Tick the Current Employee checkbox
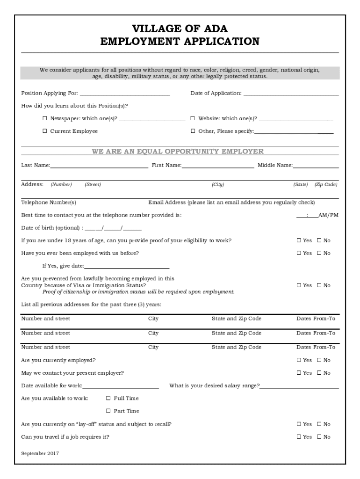(45, 131)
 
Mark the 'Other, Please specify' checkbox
(193, 131)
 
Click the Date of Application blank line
(290, 95)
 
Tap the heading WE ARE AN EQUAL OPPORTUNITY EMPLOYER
(178, 152)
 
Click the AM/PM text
(328, 215)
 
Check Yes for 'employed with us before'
(299, 254)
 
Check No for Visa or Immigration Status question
(319, 285)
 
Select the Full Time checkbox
(108, 399)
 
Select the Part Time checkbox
(108, 411)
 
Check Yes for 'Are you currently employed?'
(299, 360)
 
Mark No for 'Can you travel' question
(319, 437)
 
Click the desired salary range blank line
(299, 387)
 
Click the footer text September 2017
(40, 453)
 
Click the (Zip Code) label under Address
(326, 185)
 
